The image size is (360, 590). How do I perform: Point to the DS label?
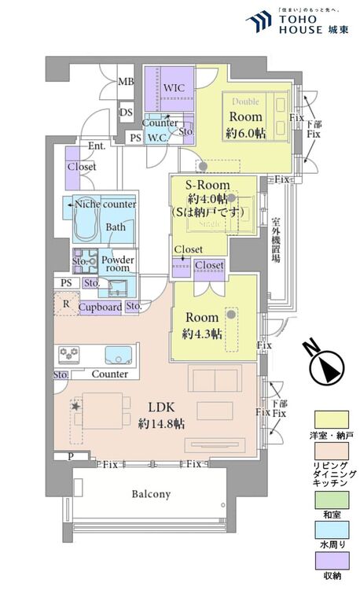pyautogui.click(x=126, y=113)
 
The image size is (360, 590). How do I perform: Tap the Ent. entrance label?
pyautogui.click(x=97, y=146)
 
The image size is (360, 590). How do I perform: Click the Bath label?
pyautogui.click(x=116, y=228)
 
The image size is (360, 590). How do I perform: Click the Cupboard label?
pyautogui.click(x=101, y=307)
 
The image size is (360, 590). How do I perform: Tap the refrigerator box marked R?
pyautogui.click(x=65, y=304)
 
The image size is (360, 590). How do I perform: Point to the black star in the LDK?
pyautogui.click(x=76, y=406)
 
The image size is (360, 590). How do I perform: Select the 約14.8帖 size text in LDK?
pyautogui.click(x=161, y=423)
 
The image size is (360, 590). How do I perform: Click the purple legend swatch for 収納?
pyautogui.click(x=331, y=560)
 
